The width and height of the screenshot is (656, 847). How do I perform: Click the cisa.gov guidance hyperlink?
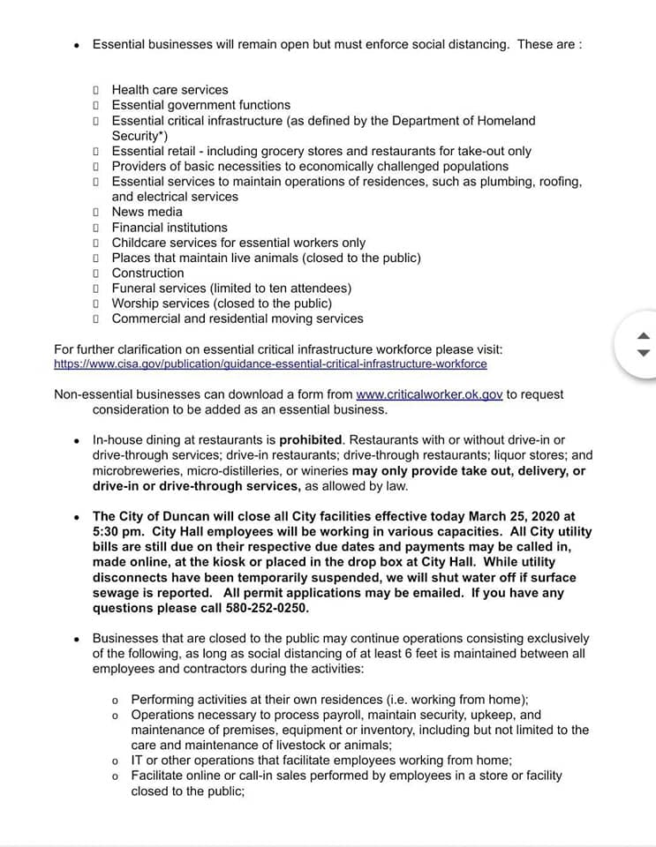pyautogui.click(x=270, y=364)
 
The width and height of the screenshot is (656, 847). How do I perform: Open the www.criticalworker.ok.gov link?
pyautogui.click(x=429, y=394)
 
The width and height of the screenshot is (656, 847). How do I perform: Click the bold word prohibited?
pyautogui.click(x=310, y=439)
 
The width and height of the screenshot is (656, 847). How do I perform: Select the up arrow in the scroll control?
pyautogui.click(x=643, y=335)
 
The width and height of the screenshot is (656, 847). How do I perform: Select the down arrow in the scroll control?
pyautogui.click(x=643, y=353)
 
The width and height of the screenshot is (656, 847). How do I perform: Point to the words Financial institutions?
pyautogui.click(x=170, y=228)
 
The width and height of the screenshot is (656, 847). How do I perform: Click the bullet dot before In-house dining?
pyautogui.click(x=78, y=440)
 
